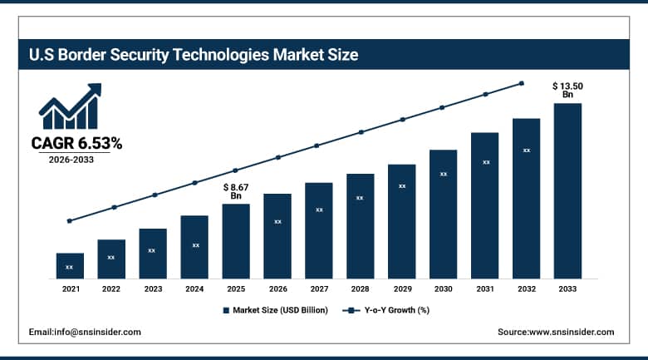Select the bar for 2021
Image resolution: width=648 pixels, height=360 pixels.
coord(70,266)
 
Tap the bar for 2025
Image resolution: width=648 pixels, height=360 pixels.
coord(236,241)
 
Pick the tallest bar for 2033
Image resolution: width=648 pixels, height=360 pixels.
coord(567,191)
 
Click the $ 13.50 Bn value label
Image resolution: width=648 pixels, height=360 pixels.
coord(567,90)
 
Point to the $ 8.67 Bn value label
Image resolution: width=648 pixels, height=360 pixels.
coord(236,190)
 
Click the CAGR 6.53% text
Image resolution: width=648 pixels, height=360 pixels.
coord(76,144)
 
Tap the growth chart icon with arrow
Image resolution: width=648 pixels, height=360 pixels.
coord(70,106)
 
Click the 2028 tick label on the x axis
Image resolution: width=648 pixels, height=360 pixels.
coord(361,288)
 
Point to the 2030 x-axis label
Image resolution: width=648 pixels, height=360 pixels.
coord(443,288)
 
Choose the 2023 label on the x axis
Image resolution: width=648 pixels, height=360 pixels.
coord(153,288)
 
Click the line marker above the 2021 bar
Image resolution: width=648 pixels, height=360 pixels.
coord(70,221)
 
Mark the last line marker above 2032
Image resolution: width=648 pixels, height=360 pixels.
coord(522,83)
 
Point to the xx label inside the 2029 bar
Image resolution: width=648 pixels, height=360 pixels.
coord(402,186)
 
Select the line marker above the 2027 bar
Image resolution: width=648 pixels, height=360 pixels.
coord(316,145)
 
